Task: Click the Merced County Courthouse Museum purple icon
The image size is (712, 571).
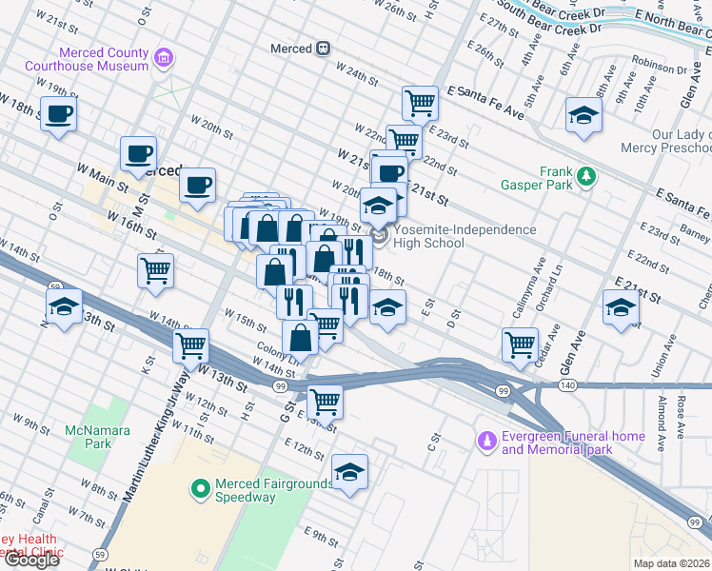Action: click(x=164, y=59)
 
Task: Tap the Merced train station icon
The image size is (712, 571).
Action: click(x=323, y=49)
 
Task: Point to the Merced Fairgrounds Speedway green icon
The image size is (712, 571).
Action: click(x=201, y=489)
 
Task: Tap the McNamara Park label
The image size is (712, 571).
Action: click(x=89, y=437)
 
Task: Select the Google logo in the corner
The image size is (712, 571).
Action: click(x=31, y=560)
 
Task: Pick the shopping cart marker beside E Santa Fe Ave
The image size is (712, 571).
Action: click(x=419, y=102)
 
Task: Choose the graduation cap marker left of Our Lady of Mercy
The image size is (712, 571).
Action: click(x=583, y=115)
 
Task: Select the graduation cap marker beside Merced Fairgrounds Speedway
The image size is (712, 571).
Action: click(x=349, y=471)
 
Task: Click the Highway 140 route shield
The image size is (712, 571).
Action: click(x=567, y=384)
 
